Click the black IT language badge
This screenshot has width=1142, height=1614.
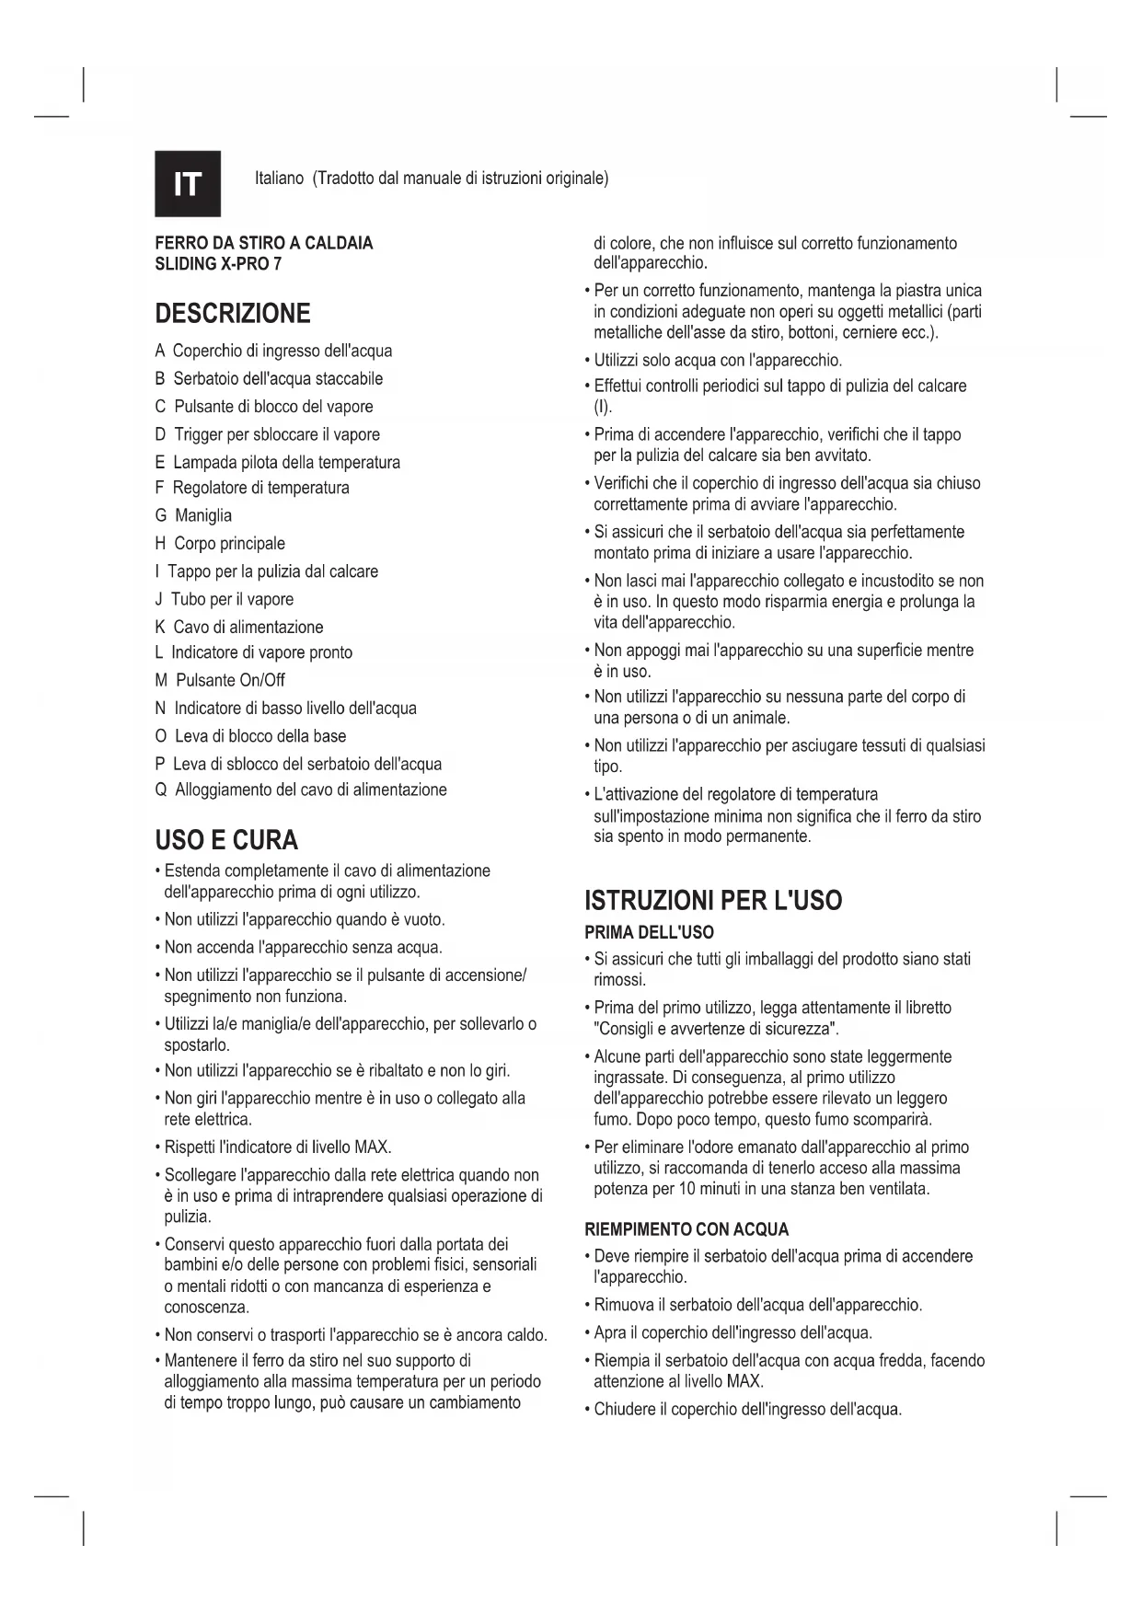point(188,184)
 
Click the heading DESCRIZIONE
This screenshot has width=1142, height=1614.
point(233,314)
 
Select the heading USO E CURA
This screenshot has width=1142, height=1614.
point(226,840)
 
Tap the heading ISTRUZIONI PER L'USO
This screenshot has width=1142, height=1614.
point(713,900)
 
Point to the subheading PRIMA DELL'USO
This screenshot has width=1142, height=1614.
point(649,932)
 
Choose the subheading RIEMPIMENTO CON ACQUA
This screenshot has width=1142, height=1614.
point(686,1229)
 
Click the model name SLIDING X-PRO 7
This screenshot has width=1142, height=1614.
point(218,264)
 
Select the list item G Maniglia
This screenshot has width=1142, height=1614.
point(193,515)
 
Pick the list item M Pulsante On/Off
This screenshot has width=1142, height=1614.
point(220,680)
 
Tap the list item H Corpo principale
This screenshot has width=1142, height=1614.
point(220,543)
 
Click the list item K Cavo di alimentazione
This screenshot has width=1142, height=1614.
point(239,627)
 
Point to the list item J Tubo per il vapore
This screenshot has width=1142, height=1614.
point(224,599)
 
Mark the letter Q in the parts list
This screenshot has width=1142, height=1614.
point(161,790)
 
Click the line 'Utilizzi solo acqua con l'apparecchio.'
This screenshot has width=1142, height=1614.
point(717,360)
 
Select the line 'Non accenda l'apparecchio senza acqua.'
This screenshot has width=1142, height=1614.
point(303,947)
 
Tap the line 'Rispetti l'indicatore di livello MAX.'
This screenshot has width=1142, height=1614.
point(278,1147)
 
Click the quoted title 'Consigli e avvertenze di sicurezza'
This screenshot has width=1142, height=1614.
point(715,1029)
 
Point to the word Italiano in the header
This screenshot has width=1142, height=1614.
point(279,178)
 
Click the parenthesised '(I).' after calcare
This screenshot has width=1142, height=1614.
point(603,407)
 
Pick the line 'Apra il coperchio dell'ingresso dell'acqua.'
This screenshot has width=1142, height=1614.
point(732,1332)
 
